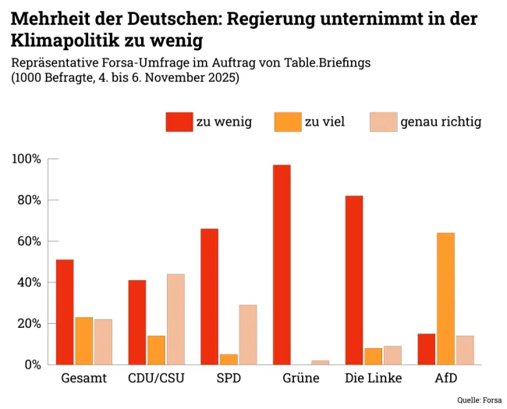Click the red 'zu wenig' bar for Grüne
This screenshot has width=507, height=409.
(x=282, y=265)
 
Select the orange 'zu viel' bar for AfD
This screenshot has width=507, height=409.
(x=445, y=298)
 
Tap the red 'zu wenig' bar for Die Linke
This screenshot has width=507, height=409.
(x=354, y=279)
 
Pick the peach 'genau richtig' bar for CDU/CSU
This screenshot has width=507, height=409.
(x=175, y=319)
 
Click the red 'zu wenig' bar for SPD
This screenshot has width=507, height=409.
(x=209, y=297)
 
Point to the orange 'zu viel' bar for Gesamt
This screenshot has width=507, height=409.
(x=84, y=341)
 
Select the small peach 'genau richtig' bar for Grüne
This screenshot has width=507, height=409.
(x=320, y=362)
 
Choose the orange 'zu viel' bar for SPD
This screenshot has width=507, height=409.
(x=229, y=359)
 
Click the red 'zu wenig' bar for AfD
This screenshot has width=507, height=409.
(x=426, y=349)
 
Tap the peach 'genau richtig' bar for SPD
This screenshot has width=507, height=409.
(x=248, y=334)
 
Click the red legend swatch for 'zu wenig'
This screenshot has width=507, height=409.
(x=179, y=122)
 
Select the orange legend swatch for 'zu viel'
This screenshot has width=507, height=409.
(x=287, y=122)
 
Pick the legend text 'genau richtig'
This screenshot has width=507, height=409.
(x=441, y=122)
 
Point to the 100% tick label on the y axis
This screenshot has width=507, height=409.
(x=27, y=159)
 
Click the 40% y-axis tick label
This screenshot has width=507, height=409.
(x=30, y=283)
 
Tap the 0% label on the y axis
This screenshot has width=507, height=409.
(x=33, y=365)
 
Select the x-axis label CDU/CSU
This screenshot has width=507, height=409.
(x=155, y=379)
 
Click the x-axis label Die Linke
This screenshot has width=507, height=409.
(x=373, y=379)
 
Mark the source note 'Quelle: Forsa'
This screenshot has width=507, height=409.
(x=480, y=400)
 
